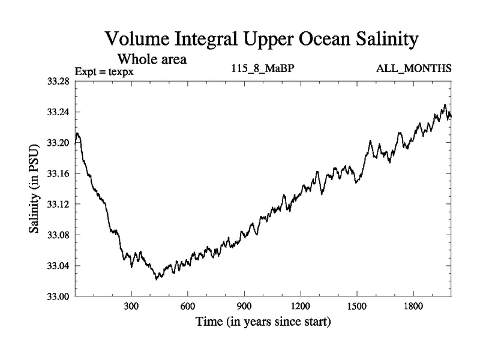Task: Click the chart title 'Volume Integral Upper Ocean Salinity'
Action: pyautogui.click(x=260, y=40)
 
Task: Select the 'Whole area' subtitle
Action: pyautogui.click(x=152, y=59)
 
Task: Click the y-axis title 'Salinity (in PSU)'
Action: pyautogui.click(x=35, y=188)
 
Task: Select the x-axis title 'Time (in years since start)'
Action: pyautogui.click(x=263, y=322)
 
